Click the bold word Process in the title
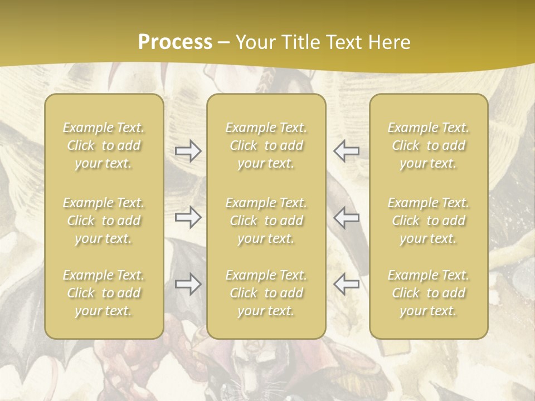tap(175, 42)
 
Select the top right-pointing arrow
tap(188, 151)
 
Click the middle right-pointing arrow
tap(188, 217)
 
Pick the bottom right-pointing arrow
tap(188, 284)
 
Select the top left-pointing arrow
tap(346, 151)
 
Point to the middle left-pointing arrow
tap(346, 217)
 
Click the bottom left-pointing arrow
tap(346, 284)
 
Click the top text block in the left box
tap(104, 145)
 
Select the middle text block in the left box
tap(104, 221)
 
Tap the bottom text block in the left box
tap(104, 293)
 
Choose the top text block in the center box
tap(266, 145)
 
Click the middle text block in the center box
tap(266, 221)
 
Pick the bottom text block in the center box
tap(266, 293)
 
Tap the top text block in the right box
tap(429, 145)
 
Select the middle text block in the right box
tap(429, 221)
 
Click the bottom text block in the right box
tap(429, 293)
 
